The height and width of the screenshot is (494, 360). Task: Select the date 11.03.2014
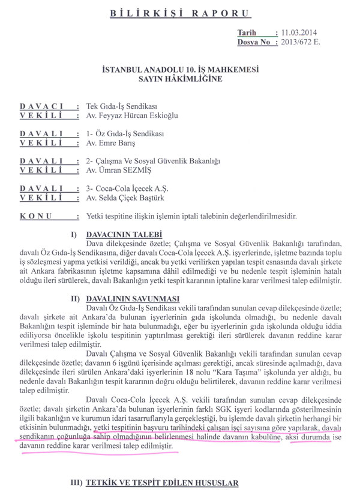point(293,34)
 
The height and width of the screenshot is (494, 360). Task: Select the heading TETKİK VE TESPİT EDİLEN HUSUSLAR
point(162,483)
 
